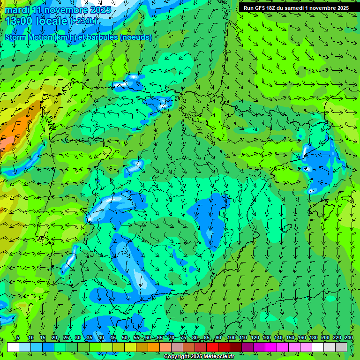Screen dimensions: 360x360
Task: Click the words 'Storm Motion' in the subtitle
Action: pyautogui.click(x=29, y=37)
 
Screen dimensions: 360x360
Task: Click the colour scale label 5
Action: pyautogui.click(x=18, y=338)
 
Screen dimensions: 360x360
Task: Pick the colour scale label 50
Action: pyautogui.click(x=125, y=338)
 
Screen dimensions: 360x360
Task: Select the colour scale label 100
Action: pyautogui.click(x=232, y=338)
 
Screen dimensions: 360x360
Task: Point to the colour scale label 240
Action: pyautogui.click(x=349, y=338)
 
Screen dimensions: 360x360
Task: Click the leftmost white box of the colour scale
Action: pyautogui.click(x=13, y=347)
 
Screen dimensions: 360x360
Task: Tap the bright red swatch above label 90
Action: pyautogui.click(x=212, y=347)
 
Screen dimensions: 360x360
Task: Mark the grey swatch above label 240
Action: pyautogui.click(x=342, y=347)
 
